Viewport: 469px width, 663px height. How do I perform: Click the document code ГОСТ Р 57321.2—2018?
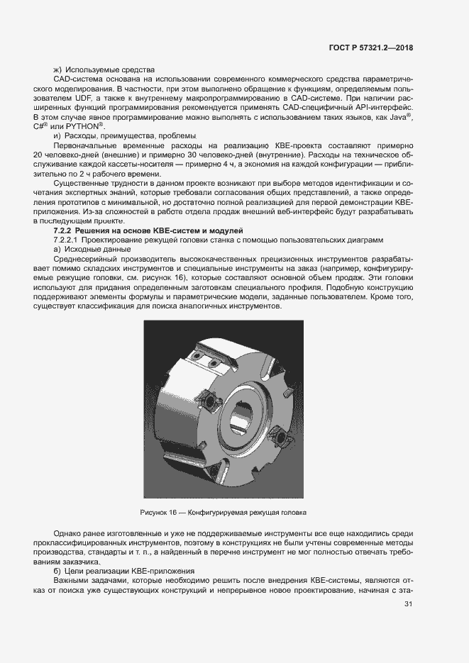point(377,48)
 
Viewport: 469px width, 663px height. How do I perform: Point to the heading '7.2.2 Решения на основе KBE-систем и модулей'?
point(148,231)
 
